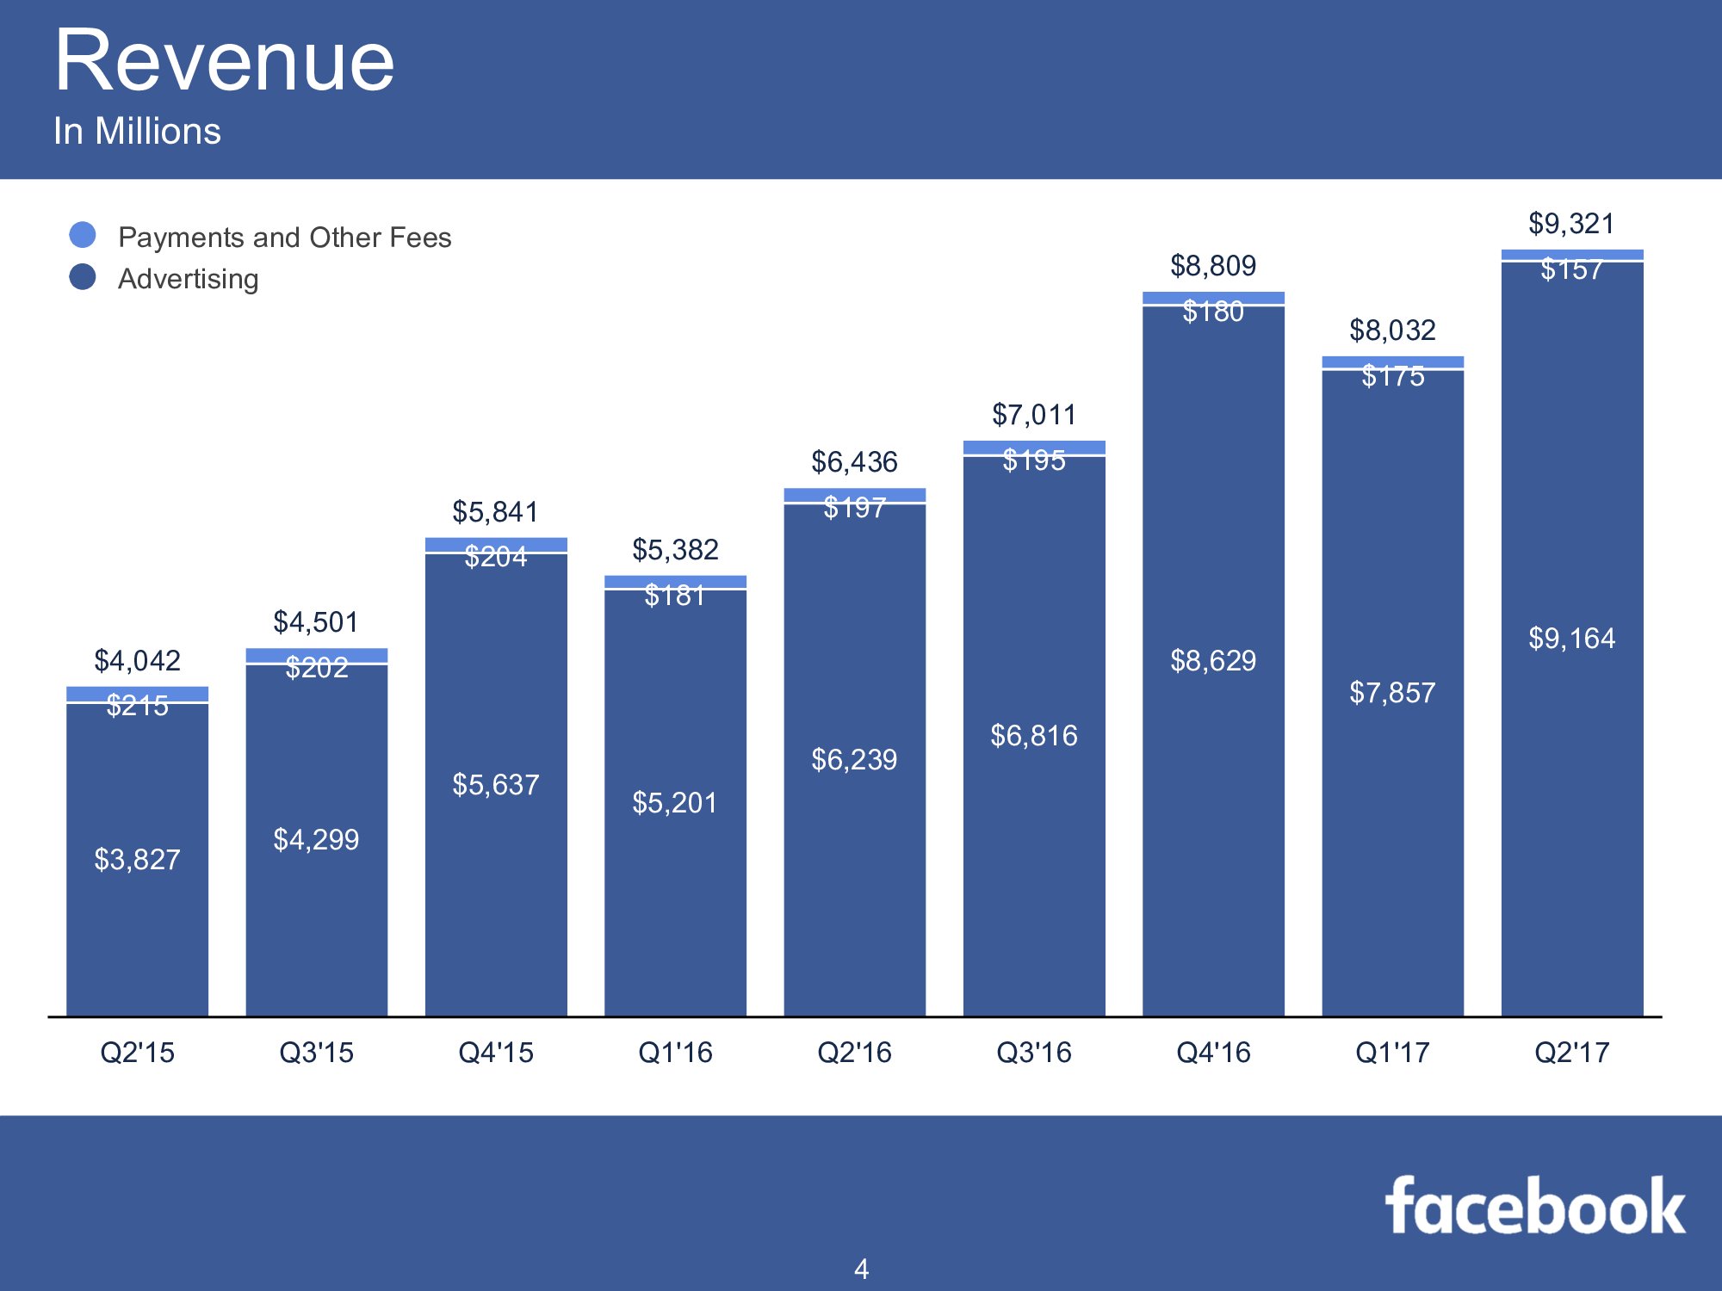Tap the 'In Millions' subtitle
coord(137,131)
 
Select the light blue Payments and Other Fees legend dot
coord(83,235)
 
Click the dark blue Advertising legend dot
coord(83,277)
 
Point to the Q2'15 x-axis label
coord(137,1052)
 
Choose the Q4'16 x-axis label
coord(1213,1052)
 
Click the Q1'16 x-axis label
coord(675,1052)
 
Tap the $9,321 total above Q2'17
coord(1571,224)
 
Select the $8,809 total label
coord(1213,266)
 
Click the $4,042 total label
coord(137,661)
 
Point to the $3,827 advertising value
coord(137,859)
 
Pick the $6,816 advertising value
coord(1033,736)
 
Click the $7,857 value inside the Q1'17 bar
coord(1392,693)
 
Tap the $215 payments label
coord(137,706)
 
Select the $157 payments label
coord(1571,270)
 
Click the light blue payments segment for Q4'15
coord(496,544)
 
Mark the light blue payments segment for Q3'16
coord(1033,447)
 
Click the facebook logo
coord(1535,1207)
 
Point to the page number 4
coord(861,1269)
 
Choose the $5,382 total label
coord(675,549)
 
